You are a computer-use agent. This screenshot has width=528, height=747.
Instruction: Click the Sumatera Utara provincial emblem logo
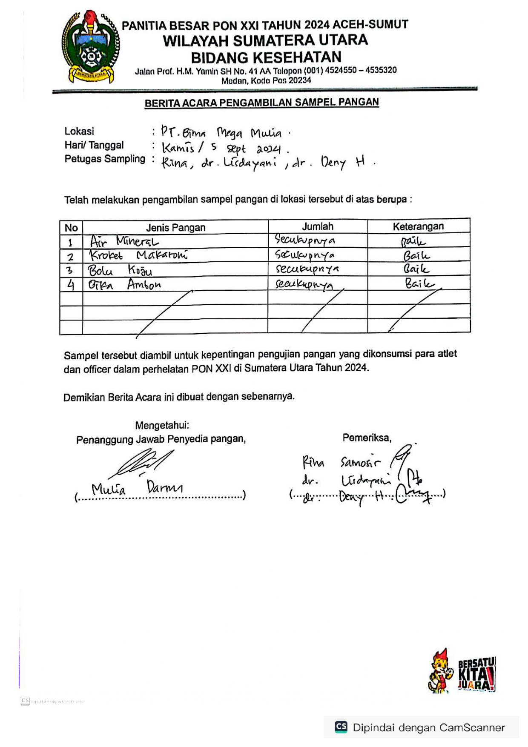(x=90, y=47)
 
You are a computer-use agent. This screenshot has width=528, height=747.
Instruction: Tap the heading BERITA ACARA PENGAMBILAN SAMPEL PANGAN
(x=261, y=103)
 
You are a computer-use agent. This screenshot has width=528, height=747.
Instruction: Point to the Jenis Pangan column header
(x=175, y=228)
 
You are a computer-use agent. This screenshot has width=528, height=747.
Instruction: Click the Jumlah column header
(x=318, y=226)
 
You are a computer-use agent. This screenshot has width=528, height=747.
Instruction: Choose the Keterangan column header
(x=418, y=226)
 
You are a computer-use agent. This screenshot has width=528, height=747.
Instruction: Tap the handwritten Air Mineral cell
(x=124, y=242)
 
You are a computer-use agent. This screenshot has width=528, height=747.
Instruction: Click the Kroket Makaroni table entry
(x=138, y=255)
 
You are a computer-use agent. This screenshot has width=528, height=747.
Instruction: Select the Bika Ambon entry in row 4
(x=124, y=284)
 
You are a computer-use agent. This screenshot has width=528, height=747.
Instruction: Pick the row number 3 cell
(x=70, y=270)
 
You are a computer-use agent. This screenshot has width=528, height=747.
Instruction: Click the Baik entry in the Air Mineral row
(x=413, y=242)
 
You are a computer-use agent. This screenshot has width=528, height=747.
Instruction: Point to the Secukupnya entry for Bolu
(x=307, y=269)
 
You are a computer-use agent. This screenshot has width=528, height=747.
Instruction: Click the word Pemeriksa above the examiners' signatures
(x=367, y=438)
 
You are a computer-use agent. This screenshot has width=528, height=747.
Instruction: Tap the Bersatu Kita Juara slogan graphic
(x=476, y=674)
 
